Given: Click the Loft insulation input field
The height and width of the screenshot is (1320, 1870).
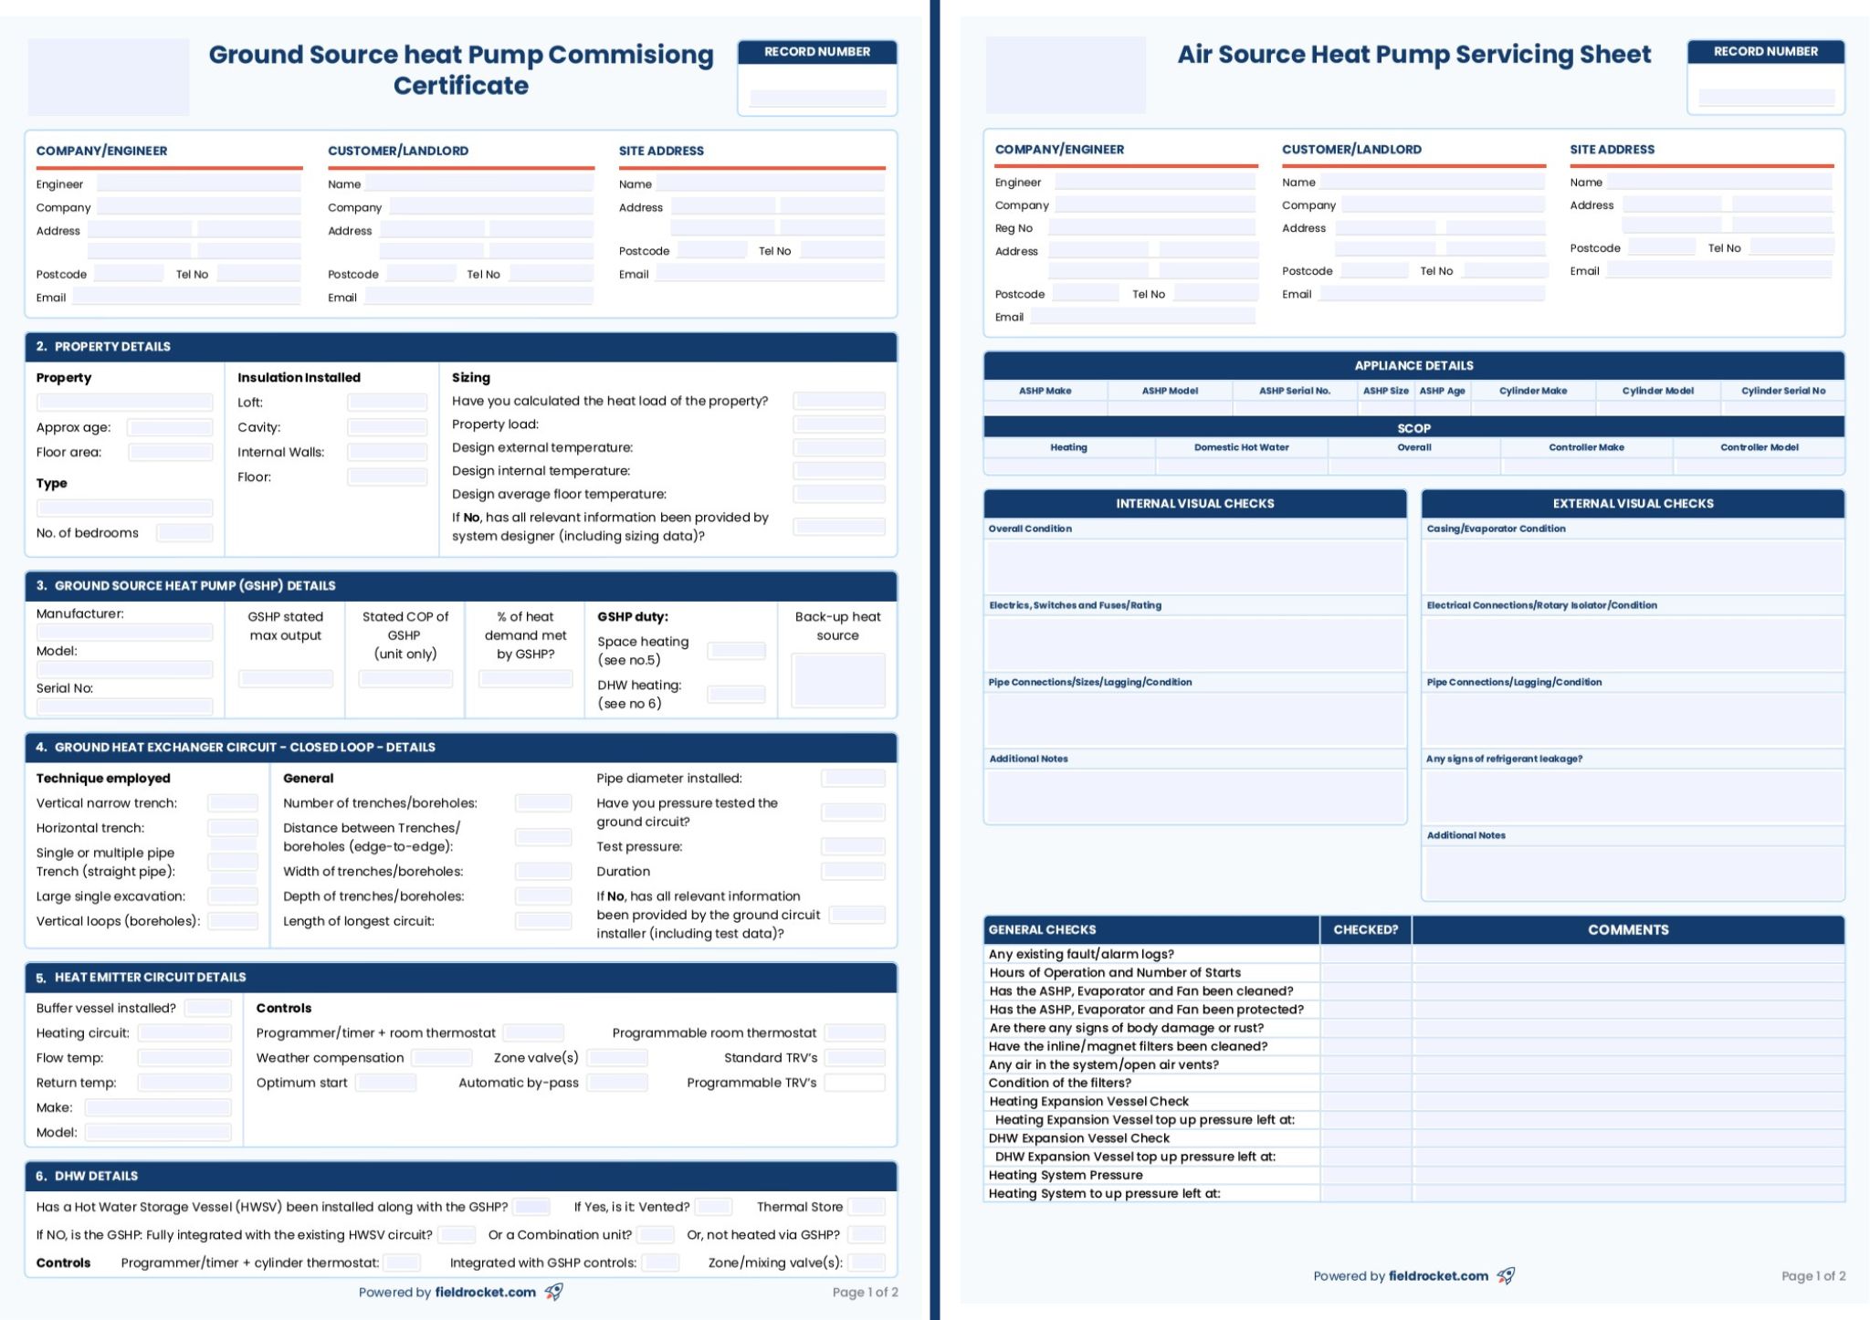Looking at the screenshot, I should point(387,403).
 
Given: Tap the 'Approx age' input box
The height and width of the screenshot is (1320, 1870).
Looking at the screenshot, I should point(170,427).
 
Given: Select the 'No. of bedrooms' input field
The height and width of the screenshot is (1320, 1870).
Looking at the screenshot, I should point(184,533).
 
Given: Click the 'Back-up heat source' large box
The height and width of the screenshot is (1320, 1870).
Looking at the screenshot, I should point(838,680).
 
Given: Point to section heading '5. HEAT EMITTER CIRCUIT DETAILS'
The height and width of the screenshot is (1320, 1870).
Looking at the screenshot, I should point(150,978).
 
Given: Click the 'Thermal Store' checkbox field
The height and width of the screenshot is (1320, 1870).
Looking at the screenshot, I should point(867,1207).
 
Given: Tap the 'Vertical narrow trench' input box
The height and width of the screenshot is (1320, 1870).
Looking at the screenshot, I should point(233,803).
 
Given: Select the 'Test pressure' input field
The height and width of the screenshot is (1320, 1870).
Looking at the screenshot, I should point(853,847).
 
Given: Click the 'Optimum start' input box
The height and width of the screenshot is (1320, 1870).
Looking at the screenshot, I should point(385,1083).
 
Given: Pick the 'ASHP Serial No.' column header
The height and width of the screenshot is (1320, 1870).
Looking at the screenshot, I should point(1295,391).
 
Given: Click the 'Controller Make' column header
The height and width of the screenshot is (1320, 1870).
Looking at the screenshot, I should point(1586,447).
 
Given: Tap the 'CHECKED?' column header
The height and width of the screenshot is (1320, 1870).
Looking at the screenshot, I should point(1365,930).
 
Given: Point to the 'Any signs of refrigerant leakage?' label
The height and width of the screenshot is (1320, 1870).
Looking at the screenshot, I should point(1504,759).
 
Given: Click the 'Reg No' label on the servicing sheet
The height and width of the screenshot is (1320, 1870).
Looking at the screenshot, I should point(1014,228).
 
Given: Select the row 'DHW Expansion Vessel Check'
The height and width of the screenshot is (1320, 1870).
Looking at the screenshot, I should point(1078,1138).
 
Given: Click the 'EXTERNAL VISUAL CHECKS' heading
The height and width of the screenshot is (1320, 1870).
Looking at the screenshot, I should point(1633,504).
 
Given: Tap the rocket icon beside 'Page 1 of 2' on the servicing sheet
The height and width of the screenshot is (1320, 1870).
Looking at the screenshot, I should point(1506,1276).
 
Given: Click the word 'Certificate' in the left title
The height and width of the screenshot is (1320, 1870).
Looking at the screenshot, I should point(461,86).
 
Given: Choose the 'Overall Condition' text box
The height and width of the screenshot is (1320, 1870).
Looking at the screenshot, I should point(1194,566).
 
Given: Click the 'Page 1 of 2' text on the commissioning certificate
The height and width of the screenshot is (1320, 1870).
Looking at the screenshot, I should point(865,1293).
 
